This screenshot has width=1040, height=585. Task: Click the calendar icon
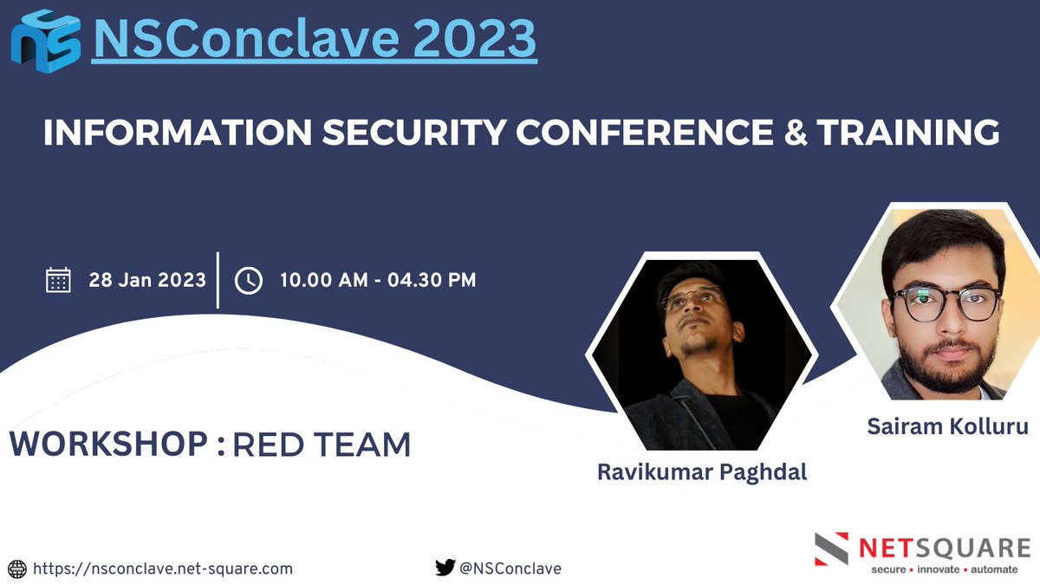coord(58,280)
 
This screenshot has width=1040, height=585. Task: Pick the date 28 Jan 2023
coord(147,280)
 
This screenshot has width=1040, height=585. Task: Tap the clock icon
coord(249,280)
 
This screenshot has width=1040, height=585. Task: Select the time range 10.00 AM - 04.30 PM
coord(377,280)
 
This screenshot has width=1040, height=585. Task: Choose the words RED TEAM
coord(322,445)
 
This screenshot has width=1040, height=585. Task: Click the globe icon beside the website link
coord(17,569)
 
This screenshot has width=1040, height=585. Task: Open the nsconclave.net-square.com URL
coord(162,569)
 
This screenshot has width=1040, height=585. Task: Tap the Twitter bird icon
coord(445,569)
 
